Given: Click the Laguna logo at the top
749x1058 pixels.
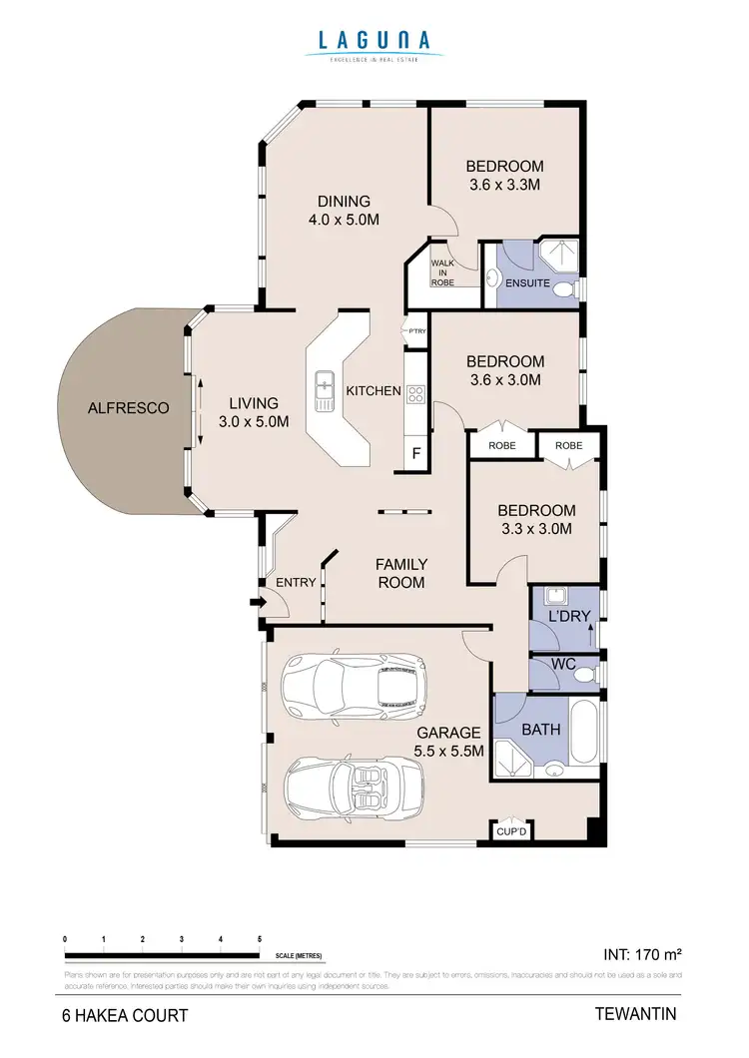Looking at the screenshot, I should (x=374, y=45).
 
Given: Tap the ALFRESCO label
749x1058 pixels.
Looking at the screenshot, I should (x=128, y=407).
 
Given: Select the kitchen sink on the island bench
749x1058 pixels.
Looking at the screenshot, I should (x=326, y=390).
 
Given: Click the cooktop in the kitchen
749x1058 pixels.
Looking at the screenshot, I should (x=415, y=394).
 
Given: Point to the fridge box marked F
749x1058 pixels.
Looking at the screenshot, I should (x=416, y=455).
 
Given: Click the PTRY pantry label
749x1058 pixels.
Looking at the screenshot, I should (x=416, y=331).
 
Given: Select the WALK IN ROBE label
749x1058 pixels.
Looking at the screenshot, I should (x=442, y=273).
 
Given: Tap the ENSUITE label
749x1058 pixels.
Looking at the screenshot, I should (x=528, y=282).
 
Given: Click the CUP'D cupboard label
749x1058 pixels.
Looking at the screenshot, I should (x=512, y=830).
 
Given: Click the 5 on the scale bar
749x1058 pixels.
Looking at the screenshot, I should (x=260, y=939).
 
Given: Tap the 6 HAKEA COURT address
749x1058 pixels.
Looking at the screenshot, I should (x=122, y=1016).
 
